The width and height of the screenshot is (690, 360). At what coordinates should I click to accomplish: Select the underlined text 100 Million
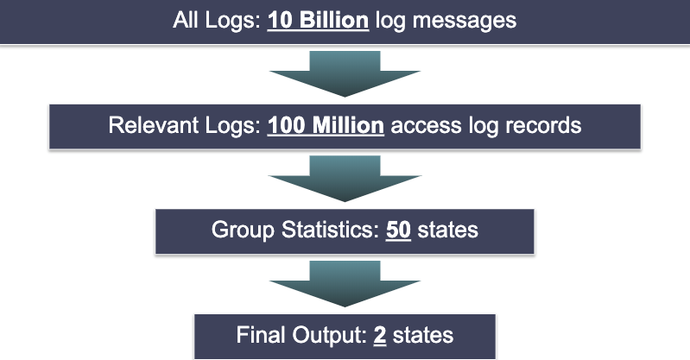tap(326, 125)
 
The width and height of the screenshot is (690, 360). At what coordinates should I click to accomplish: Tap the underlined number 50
tap(398, 231)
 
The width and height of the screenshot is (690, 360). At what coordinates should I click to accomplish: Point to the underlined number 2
tap(379, 335)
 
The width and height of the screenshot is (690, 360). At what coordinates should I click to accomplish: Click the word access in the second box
tap(419, 125)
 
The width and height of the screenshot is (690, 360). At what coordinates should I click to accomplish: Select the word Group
tap(237, 231)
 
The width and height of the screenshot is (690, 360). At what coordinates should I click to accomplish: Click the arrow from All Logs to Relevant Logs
tap(345, 74)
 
